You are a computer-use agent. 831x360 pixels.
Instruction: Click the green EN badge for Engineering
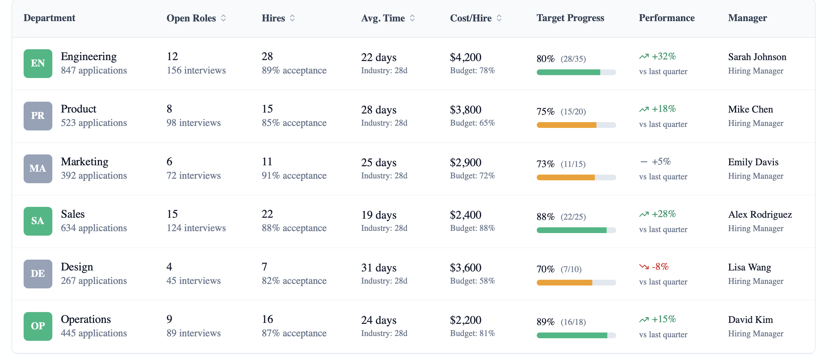click(38, 63)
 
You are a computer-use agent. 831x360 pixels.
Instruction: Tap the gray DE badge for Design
click(38, 274)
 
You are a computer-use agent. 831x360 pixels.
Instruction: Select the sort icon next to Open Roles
click(223, 18)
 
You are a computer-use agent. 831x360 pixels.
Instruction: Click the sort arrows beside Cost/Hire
click(499, 18)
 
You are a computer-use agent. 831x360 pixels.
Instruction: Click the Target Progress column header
click(570, 18)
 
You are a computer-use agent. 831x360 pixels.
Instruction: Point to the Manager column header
click(747, 18)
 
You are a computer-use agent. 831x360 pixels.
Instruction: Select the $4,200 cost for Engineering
click(465, 58)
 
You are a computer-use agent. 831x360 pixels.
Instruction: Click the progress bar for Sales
click(576, 230)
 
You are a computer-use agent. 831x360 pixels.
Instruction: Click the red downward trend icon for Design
click(644, 267)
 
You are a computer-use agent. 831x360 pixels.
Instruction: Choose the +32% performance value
click(663, 57)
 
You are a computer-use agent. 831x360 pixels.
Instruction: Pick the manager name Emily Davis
click(753, 162)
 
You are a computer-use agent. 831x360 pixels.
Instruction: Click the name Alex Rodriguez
click(760, 215)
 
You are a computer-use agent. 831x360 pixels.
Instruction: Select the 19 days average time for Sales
click(378, 215)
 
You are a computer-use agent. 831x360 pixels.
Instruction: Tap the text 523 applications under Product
click(94, 123)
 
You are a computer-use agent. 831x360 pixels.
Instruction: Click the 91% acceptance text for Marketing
click(294, 176)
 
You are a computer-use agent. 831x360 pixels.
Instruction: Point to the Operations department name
click(86, 319)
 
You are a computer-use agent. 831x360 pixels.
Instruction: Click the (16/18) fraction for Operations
click(573, 322)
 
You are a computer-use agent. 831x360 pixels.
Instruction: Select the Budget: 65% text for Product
click(472, 123)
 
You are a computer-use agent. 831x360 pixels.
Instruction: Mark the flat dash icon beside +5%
click(644, 161)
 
